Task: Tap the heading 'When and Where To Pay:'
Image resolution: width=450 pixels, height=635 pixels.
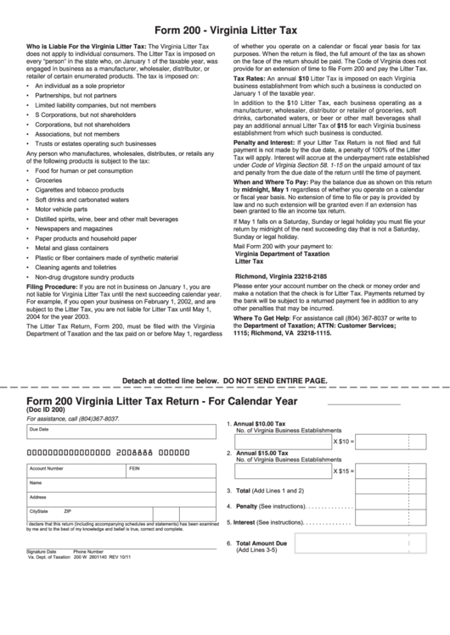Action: (x=271, y=182)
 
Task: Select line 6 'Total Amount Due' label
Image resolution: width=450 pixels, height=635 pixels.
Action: (x=262, y=543)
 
